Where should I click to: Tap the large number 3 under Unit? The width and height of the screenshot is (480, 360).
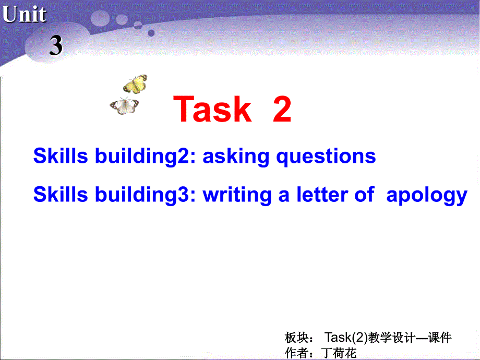[x=56, y=46]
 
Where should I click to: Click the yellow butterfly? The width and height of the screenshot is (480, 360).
[x=135, y=83]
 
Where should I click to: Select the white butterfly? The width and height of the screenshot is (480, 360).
[x=124, y=106]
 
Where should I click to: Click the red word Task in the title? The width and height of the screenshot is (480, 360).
[x=212, y=109]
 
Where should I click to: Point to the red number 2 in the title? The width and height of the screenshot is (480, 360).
[x=282, y=109]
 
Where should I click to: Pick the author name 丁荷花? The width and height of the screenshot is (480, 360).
[x=340, y=353]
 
